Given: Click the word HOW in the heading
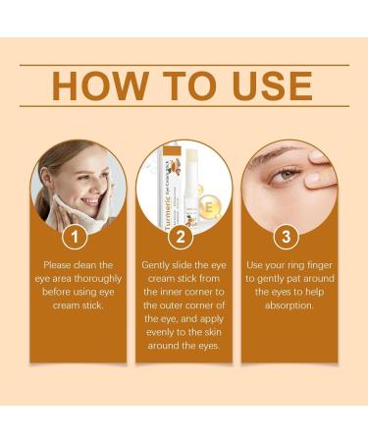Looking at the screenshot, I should [99, 85].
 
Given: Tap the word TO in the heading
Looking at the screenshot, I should [189, 85].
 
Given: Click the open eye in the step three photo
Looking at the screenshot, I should [286, 176].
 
